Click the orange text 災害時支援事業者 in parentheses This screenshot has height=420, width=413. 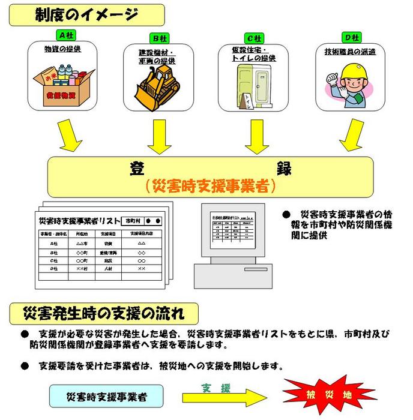(x=211, y=186)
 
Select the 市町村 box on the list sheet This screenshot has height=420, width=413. (x=134, y=221)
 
